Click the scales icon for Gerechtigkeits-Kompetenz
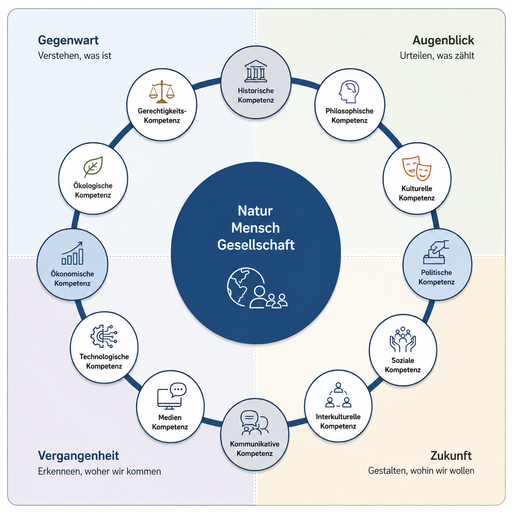162,92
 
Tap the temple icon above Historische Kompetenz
256,71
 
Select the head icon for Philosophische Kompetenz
349,92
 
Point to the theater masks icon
416,168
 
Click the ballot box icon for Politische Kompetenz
436,252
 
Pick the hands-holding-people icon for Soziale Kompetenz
403,340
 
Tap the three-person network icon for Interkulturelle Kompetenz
338,395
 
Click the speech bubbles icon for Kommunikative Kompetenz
254,423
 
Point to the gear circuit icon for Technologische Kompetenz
104,336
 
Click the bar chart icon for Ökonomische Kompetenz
72,253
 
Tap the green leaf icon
93,166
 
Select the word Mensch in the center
255,228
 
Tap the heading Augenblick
443,40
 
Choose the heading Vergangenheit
78,456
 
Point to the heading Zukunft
451,456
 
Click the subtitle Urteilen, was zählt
437,56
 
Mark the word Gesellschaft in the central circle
256,245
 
